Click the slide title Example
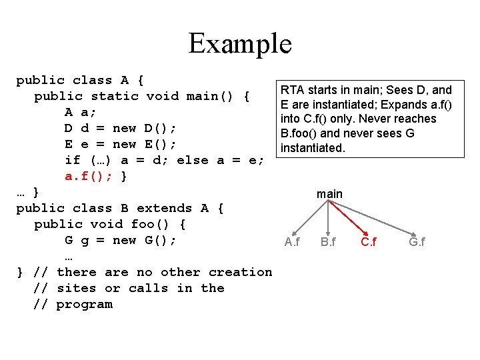240,43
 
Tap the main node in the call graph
329,194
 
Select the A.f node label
292,242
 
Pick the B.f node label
328,242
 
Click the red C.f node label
368,242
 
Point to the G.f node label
417,242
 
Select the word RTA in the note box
291,90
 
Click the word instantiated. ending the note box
313,147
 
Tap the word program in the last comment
84,304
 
